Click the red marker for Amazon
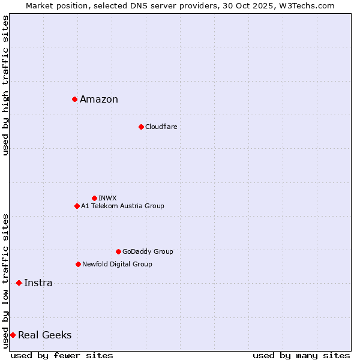tap(74, 99)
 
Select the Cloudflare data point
tap(141, 127)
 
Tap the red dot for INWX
tap(94, 198)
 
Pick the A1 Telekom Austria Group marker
tap(77, 206)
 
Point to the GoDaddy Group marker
tap(118, 251)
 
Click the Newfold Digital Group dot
tap(78, 264)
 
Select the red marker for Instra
tap(19, 283)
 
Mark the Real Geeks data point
tap(13, 335)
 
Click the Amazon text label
tap(99, 100)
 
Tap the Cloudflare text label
tap(161, 127)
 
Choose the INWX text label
tap(107, 198)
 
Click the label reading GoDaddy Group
tap(148, 251)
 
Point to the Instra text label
tap(38, 283)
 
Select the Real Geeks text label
tap(44, 335)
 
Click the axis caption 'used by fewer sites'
tap(62, 355)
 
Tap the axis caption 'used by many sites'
tap(301, 355)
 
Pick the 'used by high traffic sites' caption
tap(5, 85)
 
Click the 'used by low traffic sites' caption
tap(5, 281)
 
